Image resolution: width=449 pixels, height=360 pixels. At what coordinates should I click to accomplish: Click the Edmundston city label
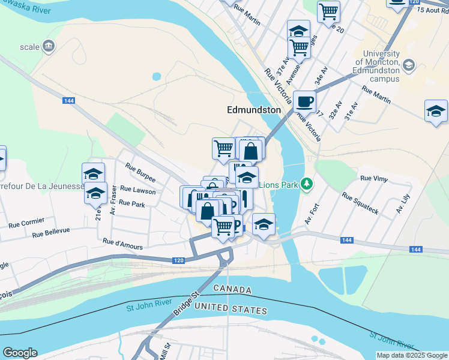click(254, 110)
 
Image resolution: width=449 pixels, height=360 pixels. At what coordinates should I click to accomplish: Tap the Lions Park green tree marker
click(307, 183)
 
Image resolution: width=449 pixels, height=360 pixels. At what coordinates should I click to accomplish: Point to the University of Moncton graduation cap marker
click(409, 65)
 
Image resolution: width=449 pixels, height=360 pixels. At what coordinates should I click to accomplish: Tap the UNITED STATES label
click(231, 309)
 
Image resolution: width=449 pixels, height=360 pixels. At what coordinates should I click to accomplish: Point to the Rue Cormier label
click(26, 222)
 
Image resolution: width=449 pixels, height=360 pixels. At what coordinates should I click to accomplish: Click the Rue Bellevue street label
click(51, 232)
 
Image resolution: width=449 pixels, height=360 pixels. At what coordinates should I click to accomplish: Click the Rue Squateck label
click(360, 203)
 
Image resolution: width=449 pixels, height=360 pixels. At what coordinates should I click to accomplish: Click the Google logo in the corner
click(20, 353)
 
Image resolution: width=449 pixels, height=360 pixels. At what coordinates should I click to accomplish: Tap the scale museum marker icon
click(49, 46)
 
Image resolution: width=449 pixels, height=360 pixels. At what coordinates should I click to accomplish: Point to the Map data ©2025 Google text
click(412, 355)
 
